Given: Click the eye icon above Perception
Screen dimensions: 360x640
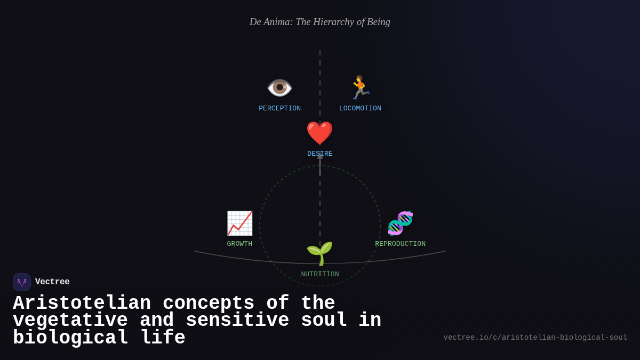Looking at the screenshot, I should (279, 87).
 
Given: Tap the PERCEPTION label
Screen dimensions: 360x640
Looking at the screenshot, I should (279, 109).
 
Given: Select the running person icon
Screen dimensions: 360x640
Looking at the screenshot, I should (360, 87).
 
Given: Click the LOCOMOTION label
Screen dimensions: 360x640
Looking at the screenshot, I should (360, 109).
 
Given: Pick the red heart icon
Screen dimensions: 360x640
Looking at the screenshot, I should (319, 133).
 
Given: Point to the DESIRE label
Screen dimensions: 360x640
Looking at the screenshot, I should (319, 154).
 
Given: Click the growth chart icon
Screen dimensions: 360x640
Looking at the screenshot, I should (239, 223).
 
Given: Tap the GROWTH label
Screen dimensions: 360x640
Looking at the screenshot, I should (239, 244).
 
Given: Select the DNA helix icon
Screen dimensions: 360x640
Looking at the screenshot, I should (400, 223).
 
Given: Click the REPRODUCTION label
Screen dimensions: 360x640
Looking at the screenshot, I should (400, 244).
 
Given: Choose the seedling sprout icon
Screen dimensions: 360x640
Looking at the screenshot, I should (319, 253).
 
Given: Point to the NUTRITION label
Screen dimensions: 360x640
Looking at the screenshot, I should (319, 275).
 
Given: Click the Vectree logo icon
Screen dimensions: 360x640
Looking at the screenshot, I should (22, 282).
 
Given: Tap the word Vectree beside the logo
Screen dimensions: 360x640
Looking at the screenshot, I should (52, 282).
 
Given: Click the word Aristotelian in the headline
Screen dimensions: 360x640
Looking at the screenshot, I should (82, 303).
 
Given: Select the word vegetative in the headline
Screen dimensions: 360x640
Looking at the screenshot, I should (70, 321).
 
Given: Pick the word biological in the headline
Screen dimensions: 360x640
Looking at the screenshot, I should (70, 338).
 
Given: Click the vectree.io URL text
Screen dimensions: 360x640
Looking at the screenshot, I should (535, 338).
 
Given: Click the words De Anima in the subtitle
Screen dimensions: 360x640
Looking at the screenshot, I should (271, 22).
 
